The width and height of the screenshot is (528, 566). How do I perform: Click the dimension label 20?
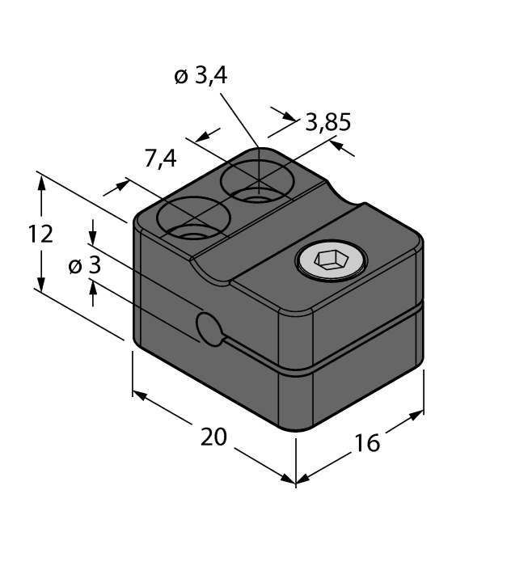coord(213,437)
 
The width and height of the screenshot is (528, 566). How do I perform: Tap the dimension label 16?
coord(366,442)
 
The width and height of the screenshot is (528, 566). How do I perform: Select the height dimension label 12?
coord(40,234)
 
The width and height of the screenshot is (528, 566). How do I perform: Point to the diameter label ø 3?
coord(84,265)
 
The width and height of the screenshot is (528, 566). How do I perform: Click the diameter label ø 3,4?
coord(201,77)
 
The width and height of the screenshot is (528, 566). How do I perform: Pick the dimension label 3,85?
coord(327,123)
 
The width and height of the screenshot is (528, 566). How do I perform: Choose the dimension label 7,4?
coord(160,159)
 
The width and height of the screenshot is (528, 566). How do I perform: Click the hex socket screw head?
coord(331,260)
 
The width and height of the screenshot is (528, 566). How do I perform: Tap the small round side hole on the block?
coord(210,329)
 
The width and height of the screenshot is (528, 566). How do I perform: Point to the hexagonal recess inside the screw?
coord(331,260)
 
